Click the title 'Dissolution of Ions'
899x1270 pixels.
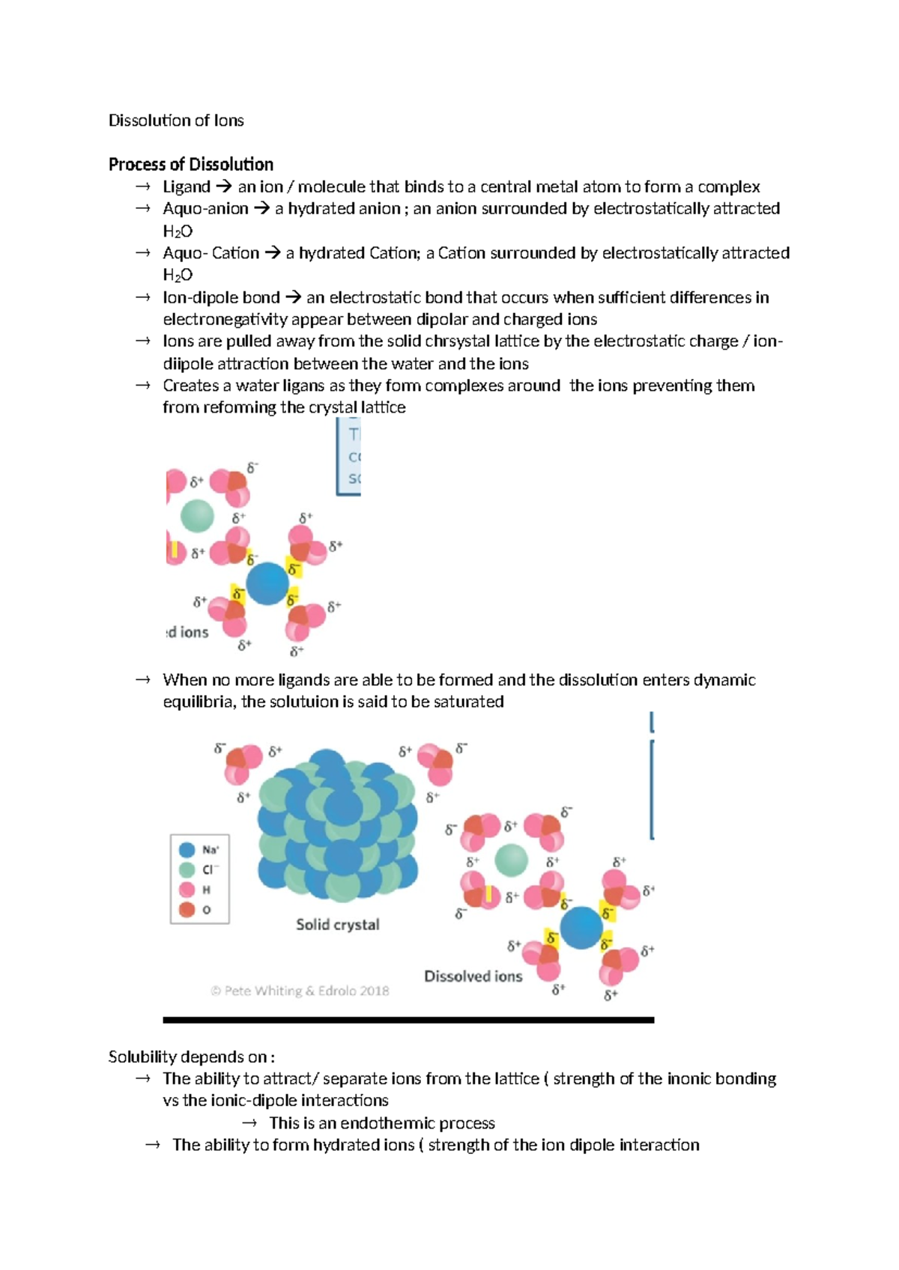tap(176, 121)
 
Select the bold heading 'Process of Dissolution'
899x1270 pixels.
tap(190, 164)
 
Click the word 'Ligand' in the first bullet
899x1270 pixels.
tap(186, 186)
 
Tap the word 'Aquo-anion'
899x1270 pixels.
tap(205, 208)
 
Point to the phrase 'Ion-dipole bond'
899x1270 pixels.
tap(221, 297)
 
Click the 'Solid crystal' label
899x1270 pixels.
tap(337, 924)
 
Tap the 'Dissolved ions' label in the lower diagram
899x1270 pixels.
tap(473, 976)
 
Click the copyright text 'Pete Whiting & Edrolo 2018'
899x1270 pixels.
tap(300, 991)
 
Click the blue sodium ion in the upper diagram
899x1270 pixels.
tap(267, 583)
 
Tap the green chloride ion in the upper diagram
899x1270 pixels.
tap(198, 515)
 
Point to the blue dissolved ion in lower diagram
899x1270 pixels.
tap(581, 927)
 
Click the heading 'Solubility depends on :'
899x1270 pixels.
tap(191, 1057)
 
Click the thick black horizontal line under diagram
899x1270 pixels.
tap(408, 1020)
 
